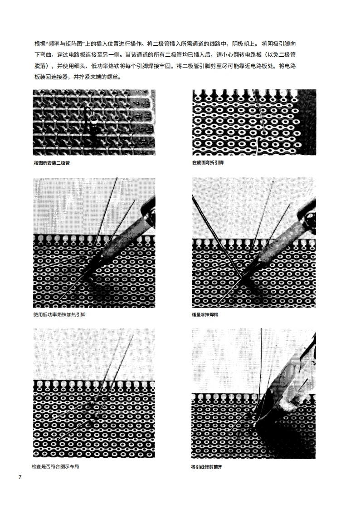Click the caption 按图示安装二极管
click(52, 163)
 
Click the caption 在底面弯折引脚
click(208, 162)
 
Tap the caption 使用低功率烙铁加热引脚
click(59, 314)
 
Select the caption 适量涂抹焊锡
click(205, 314)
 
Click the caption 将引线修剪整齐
click(207, 466)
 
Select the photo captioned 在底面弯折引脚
click(254, 122)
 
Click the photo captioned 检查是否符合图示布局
click(94, 392)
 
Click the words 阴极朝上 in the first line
click(247, 44)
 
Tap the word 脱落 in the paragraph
click(40, 66)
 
